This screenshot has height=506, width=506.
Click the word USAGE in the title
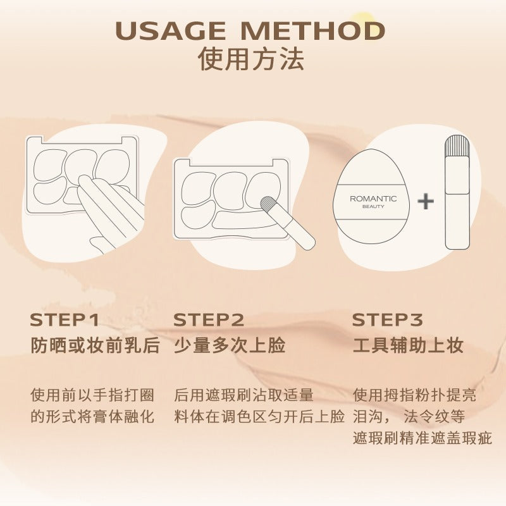171,30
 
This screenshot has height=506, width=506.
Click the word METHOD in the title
312,30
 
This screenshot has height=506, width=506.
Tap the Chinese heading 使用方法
250,59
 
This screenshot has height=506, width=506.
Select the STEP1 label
65,319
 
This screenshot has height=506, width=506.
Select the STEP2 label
209,319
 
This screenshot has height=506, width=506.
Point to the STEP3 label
387,319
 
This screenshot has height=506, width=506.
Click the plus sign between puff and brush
426,201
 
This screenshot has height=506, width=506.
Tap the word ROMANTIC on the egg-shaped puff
373,199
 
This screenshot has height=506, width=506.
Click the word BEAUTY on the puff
373,207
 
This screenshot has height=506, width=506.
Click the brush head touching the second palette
268,204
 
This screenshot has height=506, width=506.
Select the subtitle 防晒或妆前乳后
96,345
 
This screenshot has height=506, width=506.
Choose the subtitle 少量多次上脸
230,345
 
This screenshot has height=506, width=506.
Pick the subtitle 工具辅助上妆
408,345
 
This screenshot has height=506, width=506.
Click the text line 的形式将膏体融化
92,416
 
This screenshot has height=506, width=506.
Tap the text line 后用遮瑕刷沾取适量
244,395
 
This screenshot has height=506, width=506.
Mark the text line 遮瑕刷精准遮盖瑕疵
422,438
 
